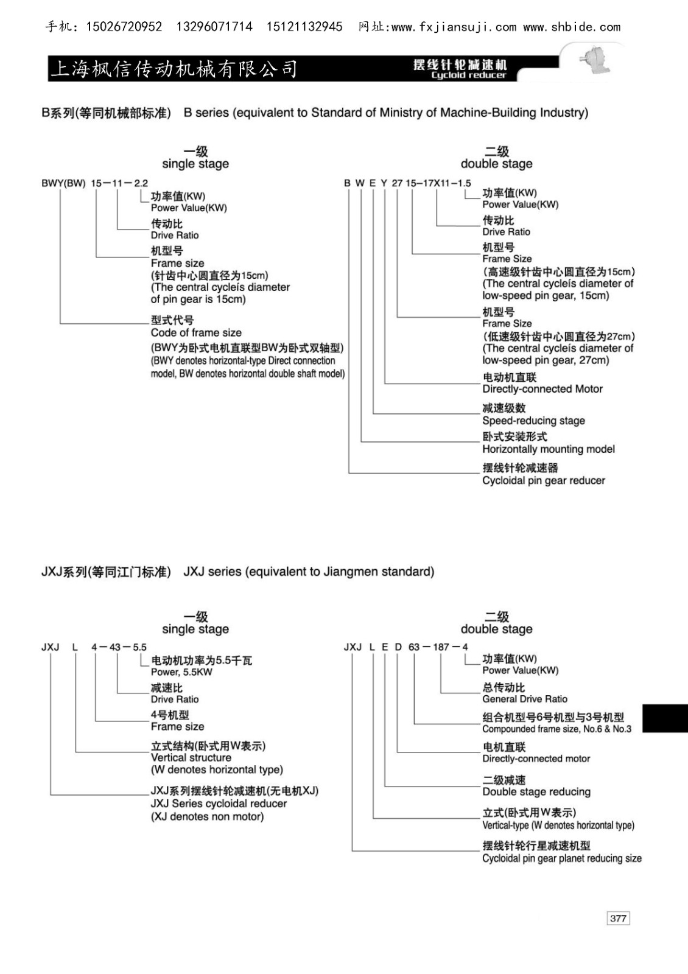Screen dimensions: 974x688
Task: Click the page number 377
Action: pos(618,918)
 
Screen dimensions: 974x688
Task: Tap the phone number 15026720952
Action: pos(125,27)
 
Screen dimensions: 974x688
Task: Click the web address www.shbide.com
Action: pos(572,27)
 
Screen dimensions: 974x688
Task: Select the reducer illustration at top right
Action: pos(591,61)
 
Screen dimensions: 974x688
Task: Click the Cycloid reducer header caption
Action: pos(468,75)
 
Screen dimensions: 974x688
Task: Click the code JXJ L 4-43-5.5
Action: pos(94,647)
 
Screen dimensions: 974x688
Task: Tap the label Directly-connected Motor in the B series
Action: pos(542,389)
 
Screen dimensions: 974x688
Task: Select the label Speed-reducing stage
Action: pos(533,421)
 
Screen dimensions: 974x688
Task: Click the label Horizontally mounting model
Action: pos(548,449)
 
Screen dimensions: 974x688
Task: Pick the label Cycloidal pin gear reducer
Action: pos(543,480)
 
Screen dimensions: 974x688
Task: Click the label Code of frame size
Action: pos(196,332)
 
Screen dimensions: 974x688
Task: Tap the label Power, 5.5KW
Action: pos(181,672)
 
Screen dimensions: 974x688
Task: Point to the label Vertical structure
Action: pos(191,757)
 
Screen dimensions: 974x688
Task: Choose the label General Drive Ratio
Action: pos(524,699)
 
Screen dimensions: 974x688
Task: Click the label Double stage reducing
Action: pos(536,791)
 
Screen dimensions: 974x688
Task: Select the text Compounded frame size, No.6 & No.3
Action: pos(556,729)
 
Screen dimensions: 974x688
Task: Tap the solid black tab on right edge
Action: pos(665,717)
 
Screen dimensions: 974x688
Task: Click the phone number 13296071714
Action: pos(214,27)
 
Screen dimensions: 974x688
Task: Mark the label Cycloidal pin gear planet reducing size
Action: pos(561,858)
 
